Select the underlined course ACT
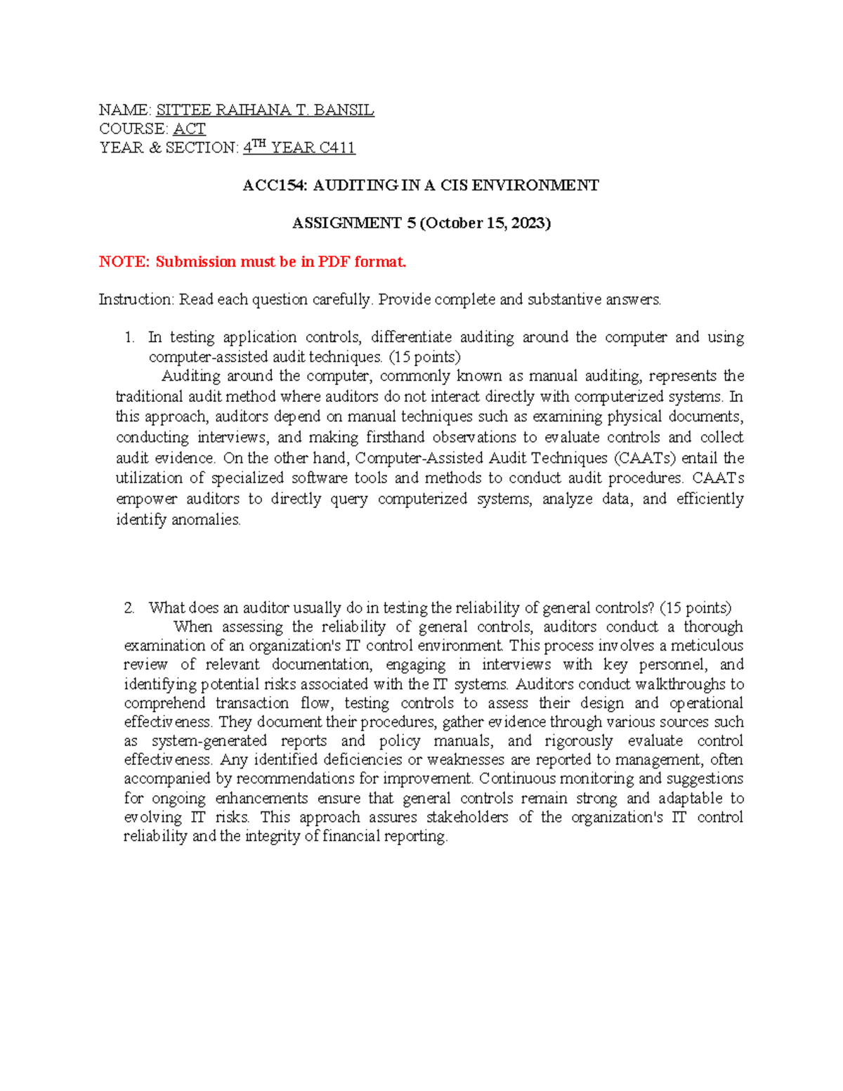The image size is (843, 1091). [x=189, y=129]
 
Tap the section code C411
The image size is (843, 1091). [x=337, y=148]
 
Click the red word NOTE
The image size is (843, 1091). [x=124, y=262]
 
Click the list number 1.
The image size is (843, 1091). [x=129, y=338]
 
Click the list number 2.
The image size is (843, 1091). [x=129, y=608]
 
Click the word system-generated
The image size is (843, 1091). [x=209, y=741]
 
